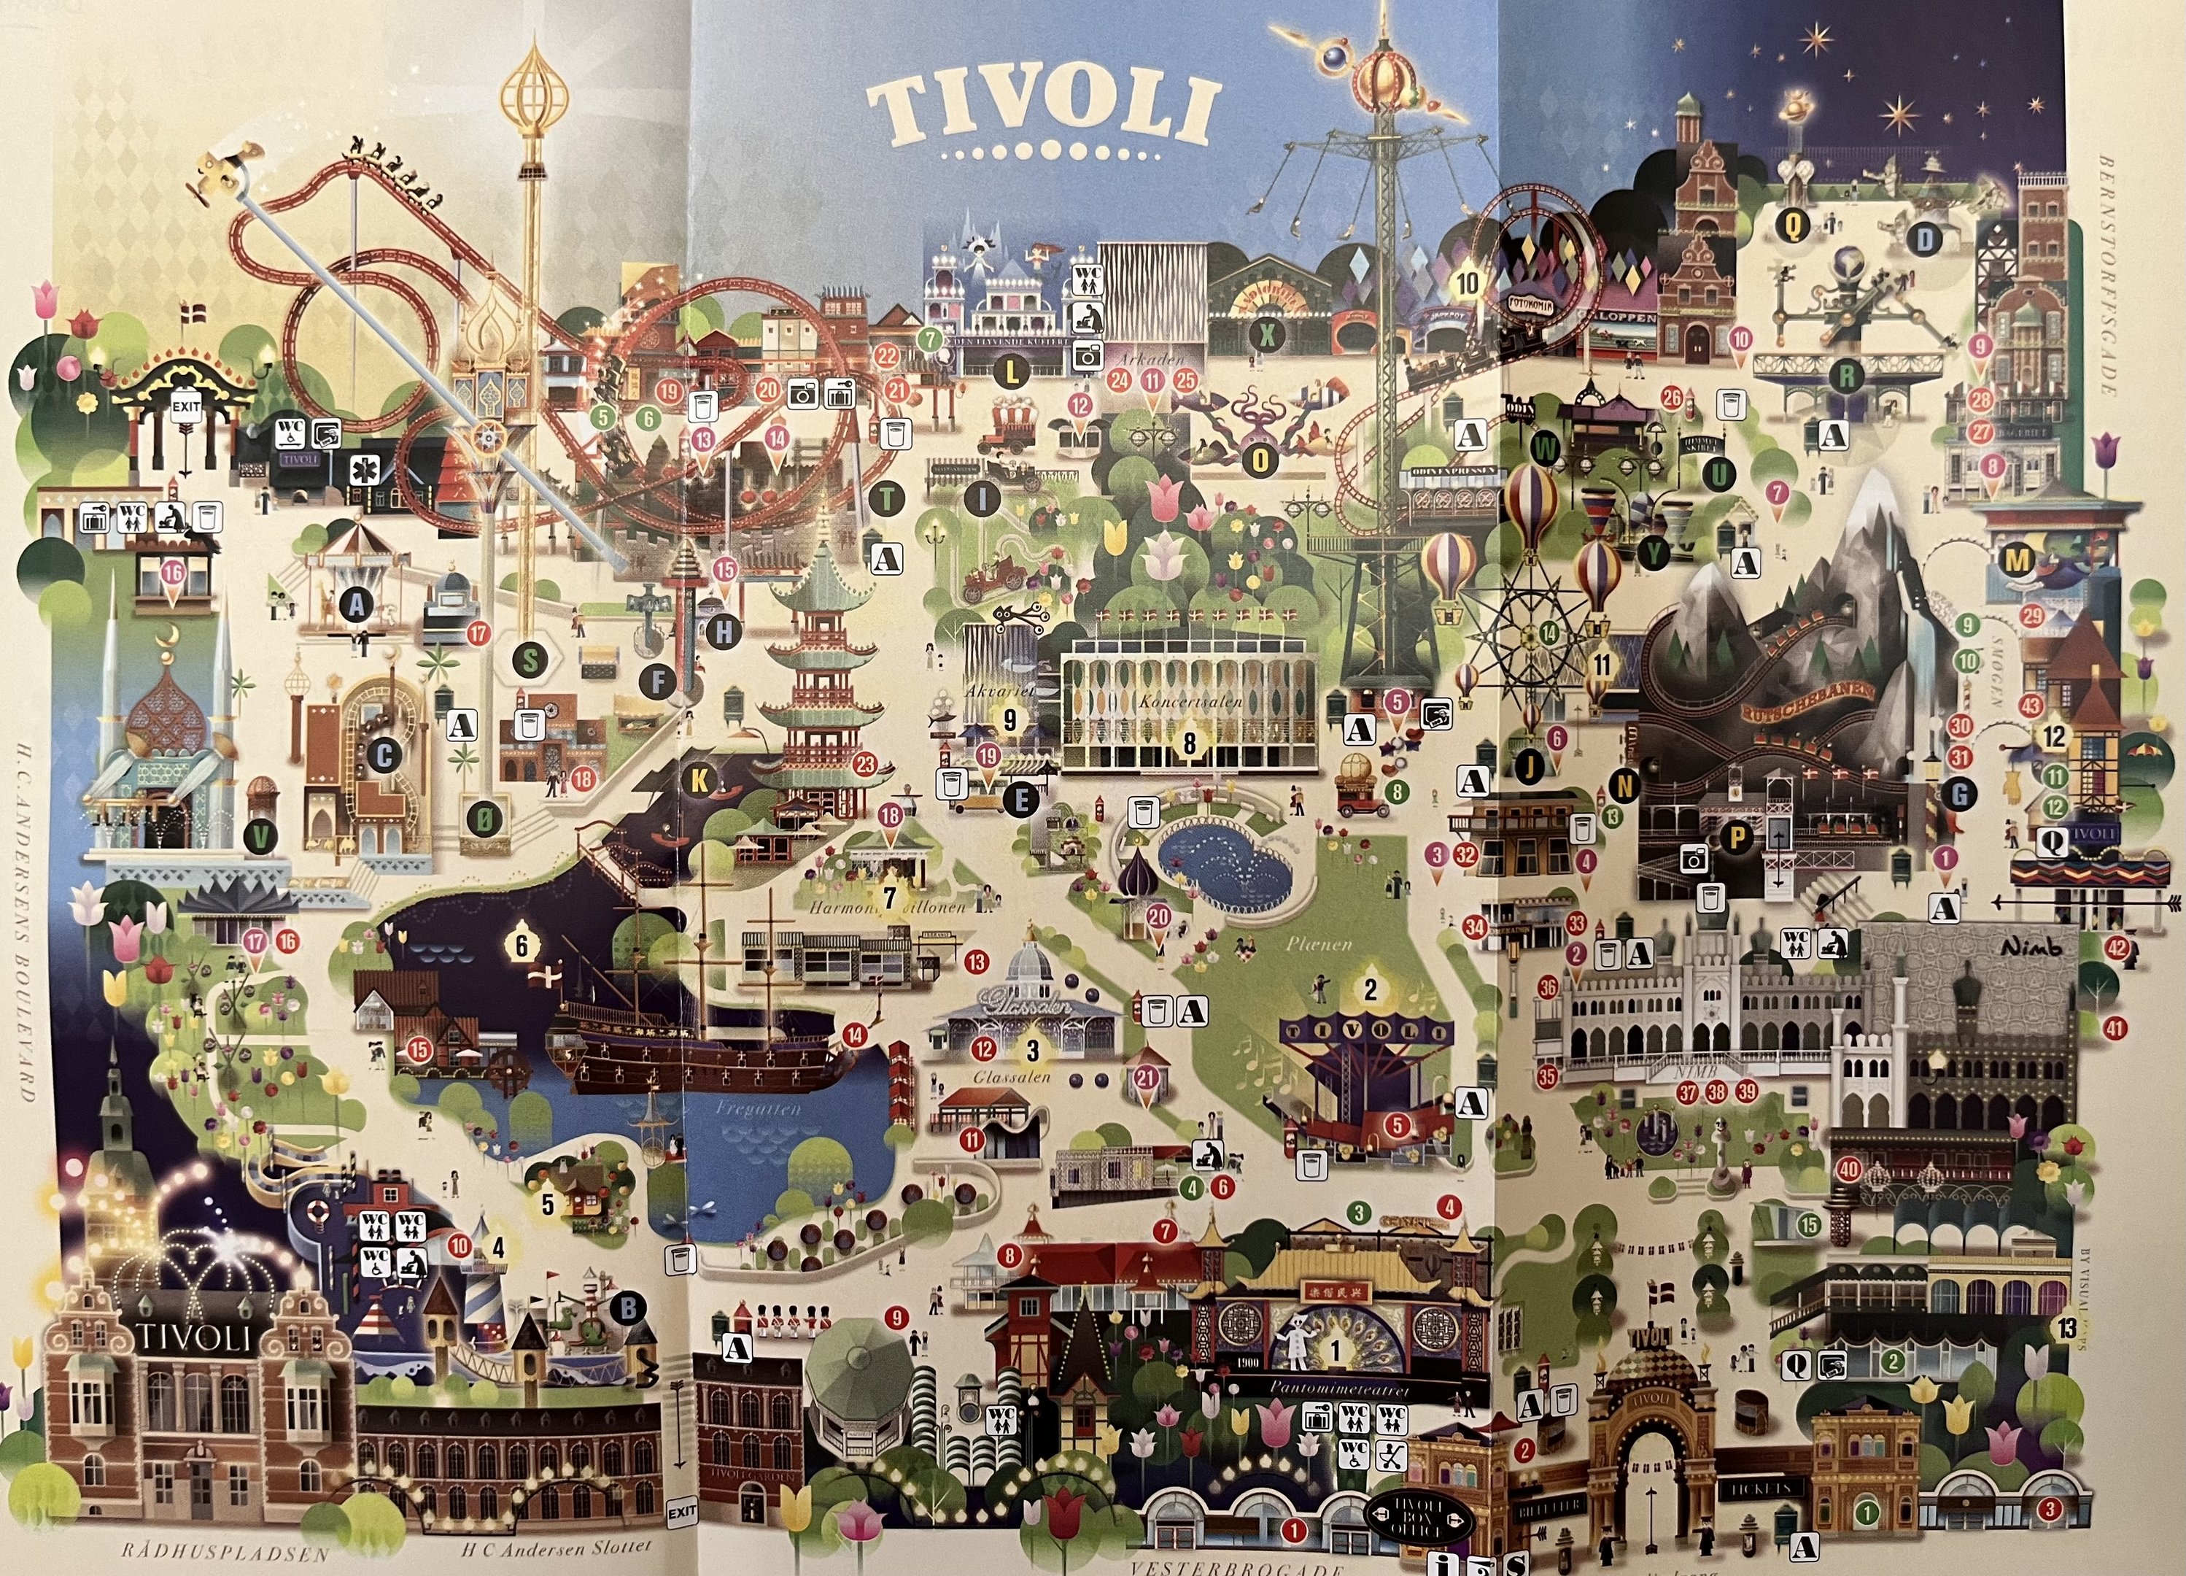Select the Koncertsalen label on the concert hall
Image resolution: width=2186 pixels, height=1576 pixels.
[1190, 702]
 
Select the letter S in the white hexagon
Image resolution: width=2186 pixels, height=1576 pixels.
[529, 660]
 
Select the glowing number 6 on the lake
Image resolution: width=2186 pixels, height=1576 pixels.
[522, 945]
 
